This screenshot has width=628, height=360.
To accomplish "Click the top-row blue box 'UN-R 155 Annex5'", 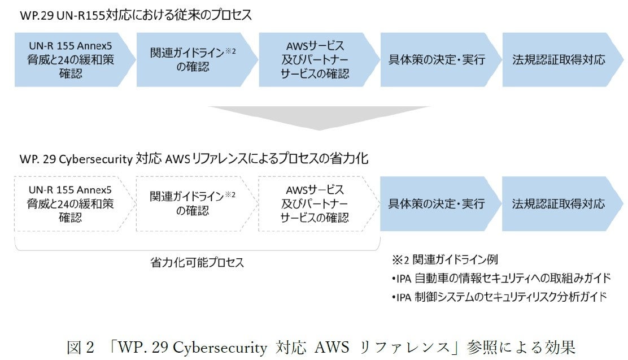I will click(71, 59).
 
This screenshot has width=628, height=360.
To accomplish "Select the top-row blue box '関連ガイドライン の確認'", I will click(193, 59).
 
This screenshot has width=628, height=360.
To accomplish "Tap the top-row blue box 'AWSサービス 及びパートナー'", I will click(315, 59).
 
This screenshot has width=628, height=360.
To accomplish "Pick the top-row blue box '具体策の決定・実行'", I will click(437, 59).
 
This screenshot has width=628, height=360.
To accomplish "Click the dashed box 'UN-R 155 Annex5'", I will click(71, 203).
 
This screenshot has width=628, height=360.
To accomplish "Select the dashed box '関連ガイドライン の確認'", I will click(193, 203).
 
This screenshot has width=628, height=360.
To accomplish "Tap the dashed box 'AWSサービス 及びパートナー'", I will click(315, 203).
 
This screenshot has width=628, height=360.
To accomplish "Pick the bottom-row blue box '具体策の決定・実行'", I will click(437, 203).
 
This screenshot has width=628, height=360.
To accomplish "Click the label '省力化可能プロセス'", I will click(197, 262).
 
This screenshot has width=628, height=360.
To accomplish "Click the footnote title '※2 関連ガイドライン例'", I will click(444, 260).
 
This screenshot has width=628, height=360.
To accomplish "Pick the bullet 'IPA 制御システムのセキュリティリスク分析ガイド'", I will click(500, 296).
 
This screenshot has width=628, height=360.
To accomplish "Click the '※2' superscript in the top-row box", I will click(230, 50).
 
